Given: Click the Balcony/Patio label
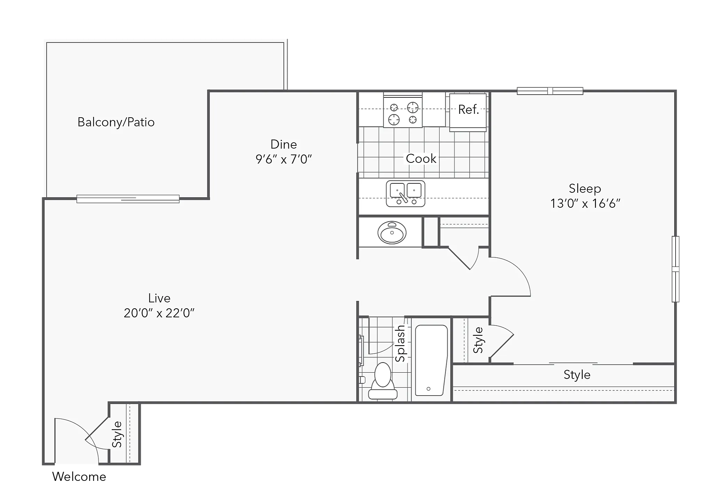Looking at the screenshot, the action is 116,122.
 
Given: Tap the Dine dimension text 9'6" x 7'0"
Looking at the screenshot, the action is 284,159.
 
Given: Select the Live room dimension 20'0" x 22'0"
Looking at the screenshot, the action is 159,313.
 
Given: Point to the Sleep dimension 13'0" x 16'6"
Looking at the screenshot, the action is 585,203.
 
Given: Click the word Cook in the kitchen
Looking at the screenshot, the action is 421,159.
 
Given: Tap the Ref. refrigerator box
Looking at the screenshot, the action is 468,112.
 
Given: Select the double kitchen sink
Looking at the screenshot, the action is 406,193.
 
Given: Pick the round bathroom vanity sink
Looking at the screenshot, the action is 392,232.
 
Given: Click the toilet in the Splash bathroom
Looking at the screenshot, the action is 383,381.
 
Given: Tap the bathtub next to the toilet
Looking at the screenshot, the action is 431,360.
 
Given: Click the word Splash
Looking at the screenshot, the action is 401,343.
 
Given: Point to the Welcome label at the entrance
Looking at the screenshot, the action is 79,477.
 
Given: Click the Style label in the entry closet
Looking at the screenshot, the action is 117,434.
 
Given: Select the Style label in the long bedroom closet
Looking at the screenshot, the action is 577,375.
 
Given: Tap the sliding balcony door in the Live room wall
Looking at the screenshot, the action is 128,199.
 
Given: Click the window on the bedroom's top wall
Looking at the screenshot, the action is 550,91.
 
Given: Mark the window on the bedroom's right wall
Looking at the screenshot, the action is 675,269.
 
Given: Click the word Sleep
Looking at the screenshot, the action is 585,189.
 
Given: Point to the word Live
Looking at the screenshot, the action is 159,298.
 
